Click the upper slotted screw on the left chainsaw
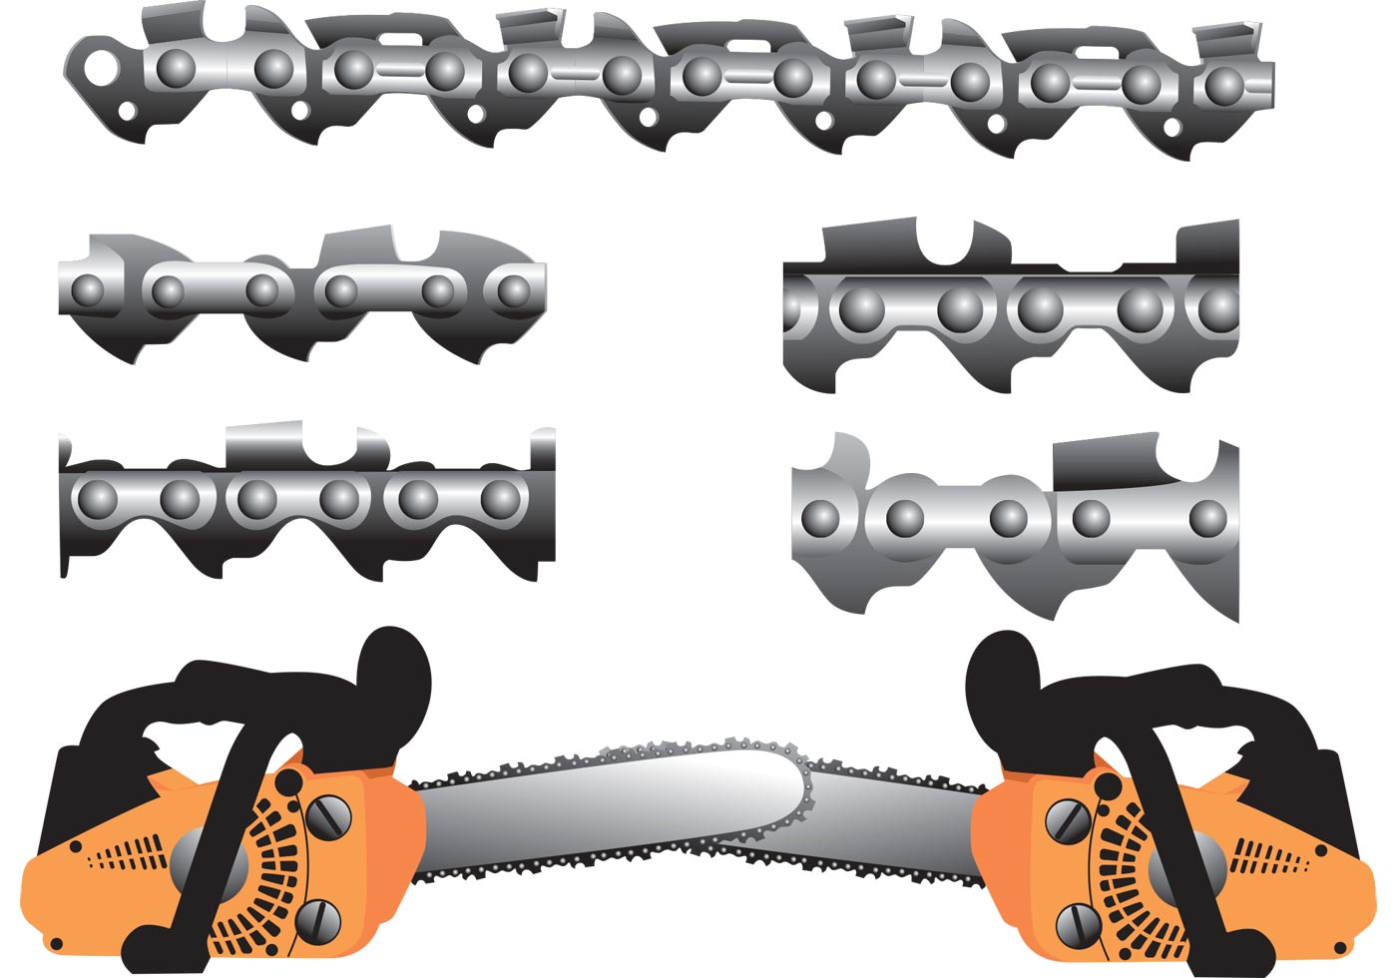click(x=327, y=818)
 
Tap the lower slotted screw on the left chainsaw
click(x=319, y=917)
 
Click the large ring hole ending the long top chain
click(x=98, y=67)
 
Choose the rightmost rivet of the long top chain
click(x=1224, y=85)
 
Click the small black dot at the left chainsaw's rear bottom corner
click(x=57, y=944)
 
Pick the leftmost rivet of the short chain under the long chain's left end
click(x=88, y=290)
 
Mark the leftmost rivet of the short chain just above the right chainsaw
click(x=820, y=517)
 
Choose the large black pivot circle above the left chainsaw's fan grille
click(x=288, y=779)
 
